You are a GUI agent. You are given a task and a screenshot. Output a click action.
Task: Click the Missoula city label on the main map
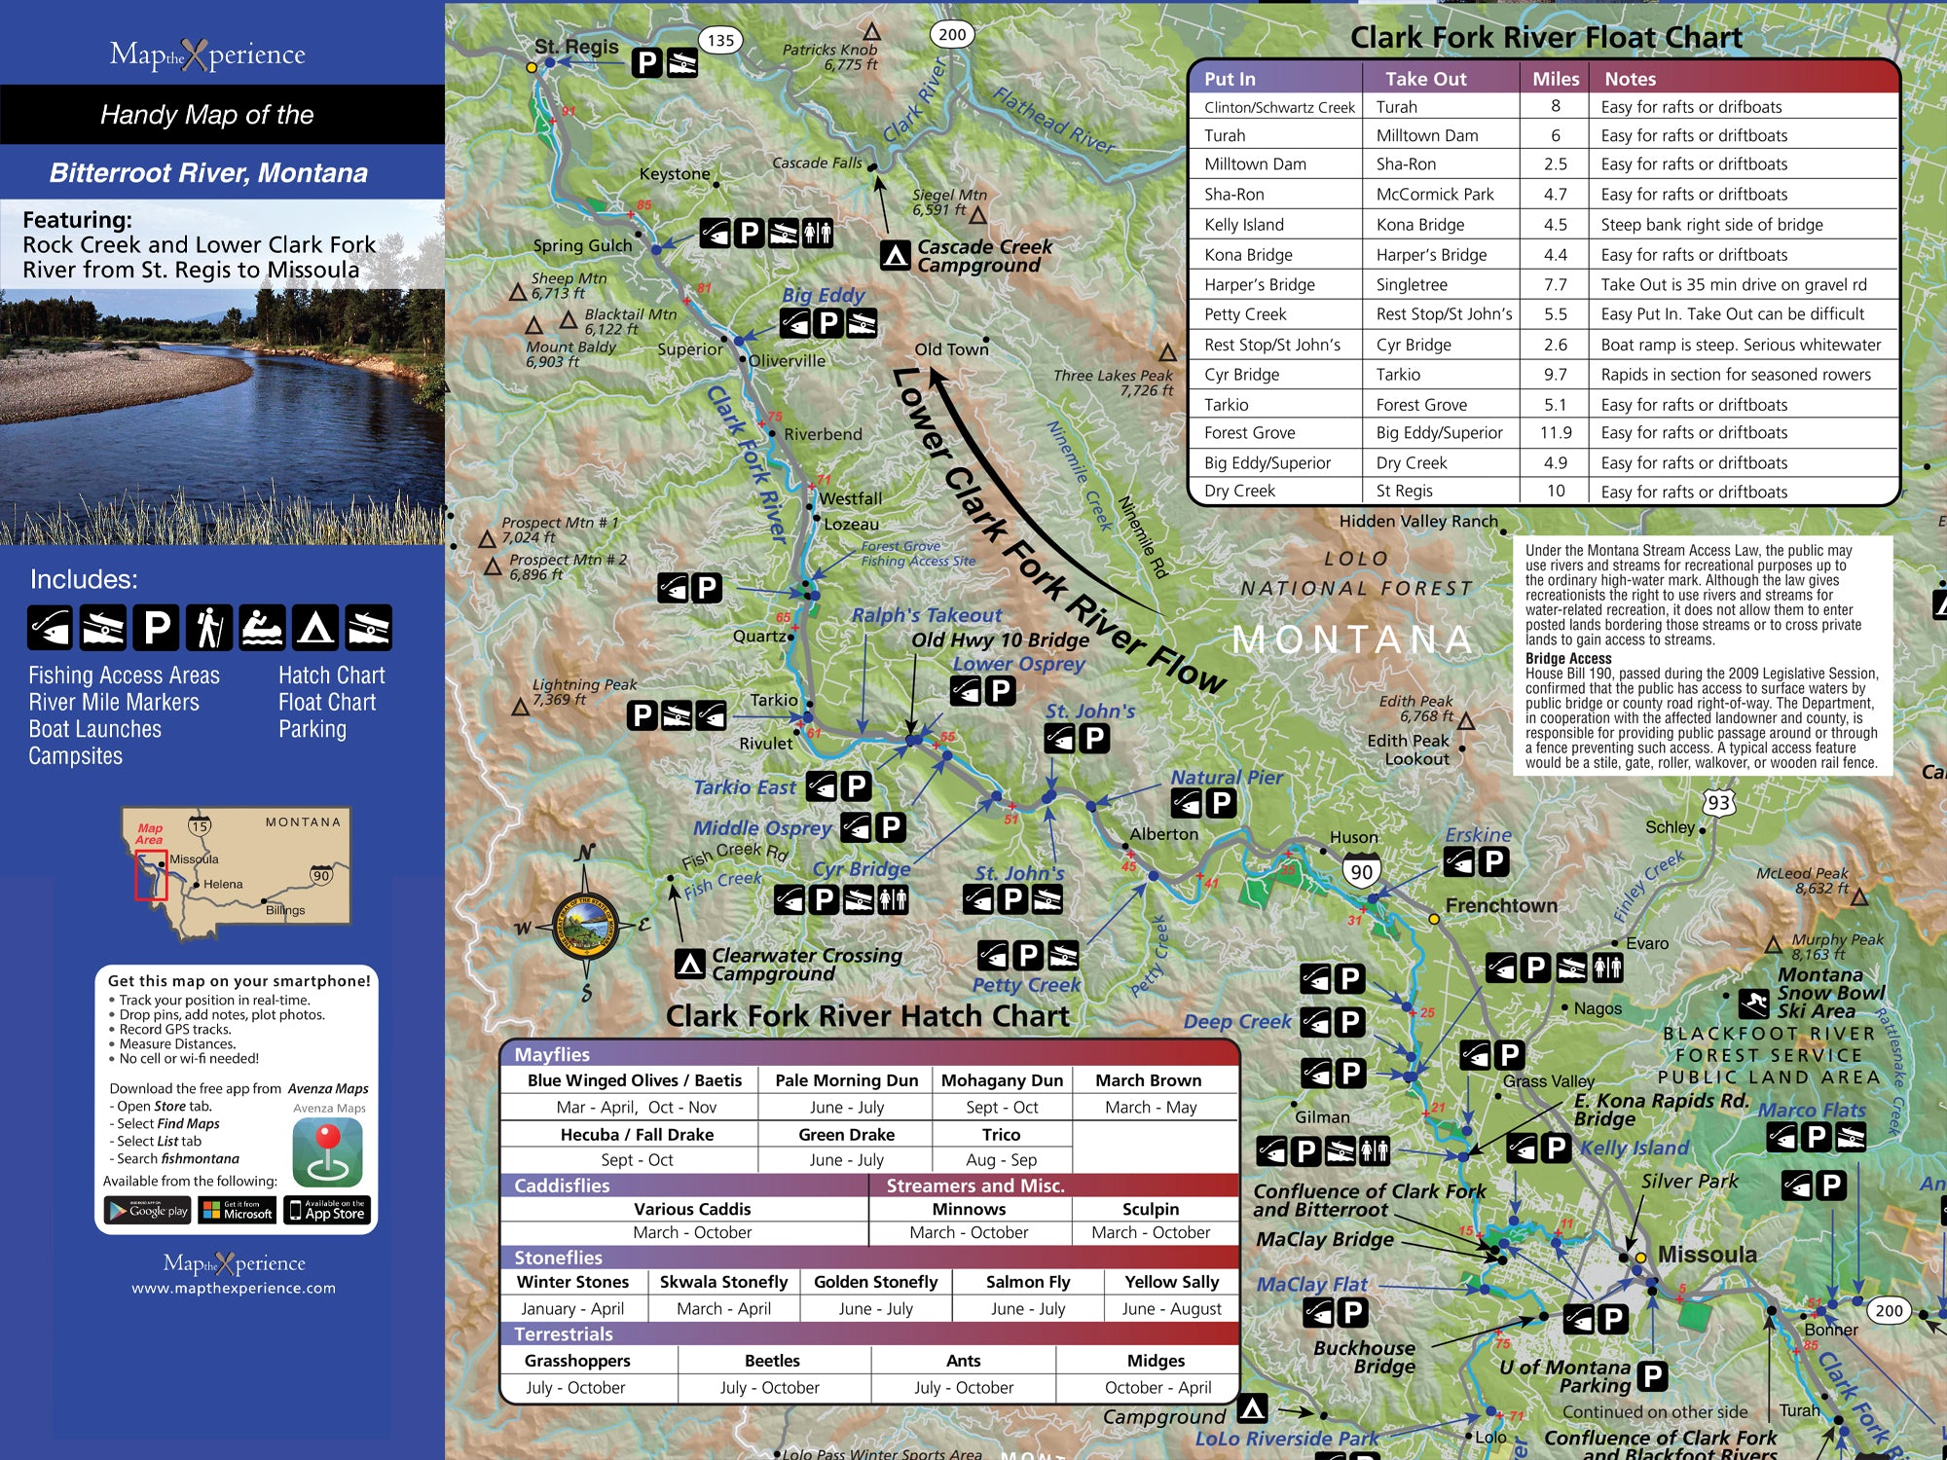1707,1254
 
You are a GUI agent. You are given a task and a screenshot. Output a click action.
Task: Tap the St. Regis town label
576,46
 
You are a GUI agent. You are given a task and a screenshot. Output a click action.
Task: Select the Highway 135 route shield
720,40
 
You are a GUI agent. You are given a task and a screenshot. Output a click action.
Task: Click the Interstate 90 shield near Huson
1361,872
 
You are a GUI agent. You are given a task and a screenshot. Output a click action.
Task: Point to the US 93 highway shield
1718,802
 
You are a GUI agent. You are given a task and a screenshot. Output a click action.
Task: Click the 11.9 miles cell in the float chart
1555,433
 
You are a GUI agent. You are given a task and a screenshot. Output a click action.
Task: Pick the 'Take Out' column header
1425,79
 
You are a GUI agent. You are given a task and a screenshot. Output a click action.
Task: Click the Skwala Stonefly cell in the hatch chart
723,1282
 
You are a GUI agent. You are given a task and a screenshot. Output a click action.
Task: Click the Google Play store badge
149,1210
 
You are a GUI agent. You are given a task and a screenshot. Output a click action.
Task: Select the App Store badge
326,1210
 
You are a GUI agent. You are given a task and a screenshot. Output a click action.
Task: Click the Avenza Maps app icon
328,1151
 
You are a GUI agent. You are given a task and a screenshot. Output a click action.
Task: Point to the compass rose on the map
584,925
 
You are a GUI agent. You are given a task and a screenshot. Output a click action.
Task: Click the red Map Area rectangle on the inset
151,876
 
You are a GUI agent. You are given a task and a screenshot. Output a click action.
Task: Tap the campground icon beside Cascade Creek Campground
895,255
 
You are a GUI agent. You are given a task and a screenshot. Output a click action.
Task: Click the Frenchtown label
1500,905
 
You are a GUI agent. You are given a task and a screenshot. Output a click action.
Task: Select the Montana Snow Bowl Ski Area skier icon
1753,1003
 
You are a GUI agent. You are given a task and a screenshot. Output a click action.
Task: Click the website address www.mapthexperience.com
234,1288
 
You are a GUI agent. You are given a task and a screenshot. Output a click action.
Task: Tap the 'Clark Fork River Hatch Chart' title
866,1015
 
